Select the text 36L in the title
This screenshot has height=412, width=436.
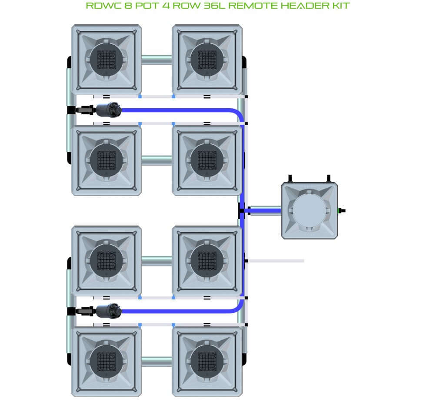(x=214, y=6)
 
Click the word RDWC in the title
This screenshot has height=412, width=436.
(x=104, y=6)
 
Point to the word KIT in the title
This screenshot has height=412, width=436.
(x=341, y=6)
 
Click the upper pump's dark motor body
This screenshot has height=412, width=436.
(x=109, y=110)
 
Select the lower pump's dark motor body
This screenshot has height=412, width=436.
(x=109, y=311)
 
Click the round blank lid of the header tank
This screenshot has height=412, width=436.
(x=309, y=210)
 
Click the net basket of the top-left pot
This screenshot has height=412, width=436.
(x=106, y=60)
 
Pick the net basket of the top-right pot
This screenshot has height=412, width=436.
(x=207, y=60)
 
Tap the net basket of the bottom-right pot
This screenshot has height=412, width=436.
(x=207, y=362)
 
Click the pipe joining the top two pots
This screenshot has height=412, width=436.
(x=156, y=60)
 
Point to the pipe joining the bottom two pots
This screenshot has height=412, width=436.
(x=156, y=362)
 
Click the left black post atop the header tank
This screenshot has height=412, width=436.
(x=290, y=178)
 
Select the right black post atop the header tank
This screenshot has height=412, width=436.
(x=328, y=178)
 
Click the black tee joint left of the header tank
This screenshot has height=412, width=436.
(x=242, y=210)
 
